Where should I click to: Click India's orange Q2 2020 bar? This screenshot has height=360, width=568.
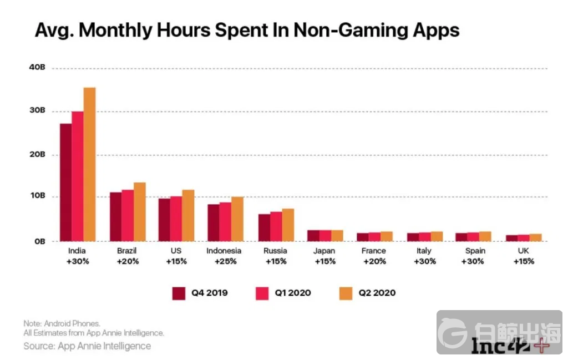coord(89,164)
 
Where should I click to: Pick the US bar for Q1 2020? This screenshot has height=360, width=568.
coord(176,219)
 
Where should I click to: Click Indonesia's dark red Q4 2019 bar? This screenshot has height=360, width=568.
coord(214,222)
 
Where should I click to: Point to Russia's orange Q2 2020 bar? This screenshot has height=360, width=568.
coord(287,225)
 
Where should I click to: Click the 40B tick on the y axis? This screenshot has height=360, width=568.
coord(38,68)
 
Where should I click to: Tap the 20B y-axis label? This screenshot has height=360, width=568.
coord(38,155)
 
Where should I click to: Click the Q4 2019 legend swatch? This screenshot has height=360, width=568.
coord(179,292)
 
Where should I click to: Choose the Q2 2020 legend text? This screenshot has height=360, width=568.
coord(377,292)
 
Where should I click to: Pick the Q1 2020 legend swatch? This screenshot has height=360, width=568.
coord(261,292)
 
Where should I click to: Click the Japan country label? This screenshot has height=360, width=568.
coord(324,251)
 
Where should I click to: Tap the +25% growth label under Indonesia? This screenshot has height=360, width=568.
coord(224,261)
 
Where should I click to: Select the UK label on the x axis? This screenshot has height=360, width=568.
coord(523,251)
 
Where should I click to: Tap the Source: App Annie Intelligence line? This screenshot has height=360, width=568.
coord(87,346)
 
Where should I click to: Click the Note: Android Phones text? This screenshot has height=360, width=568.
coord(61,323)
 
